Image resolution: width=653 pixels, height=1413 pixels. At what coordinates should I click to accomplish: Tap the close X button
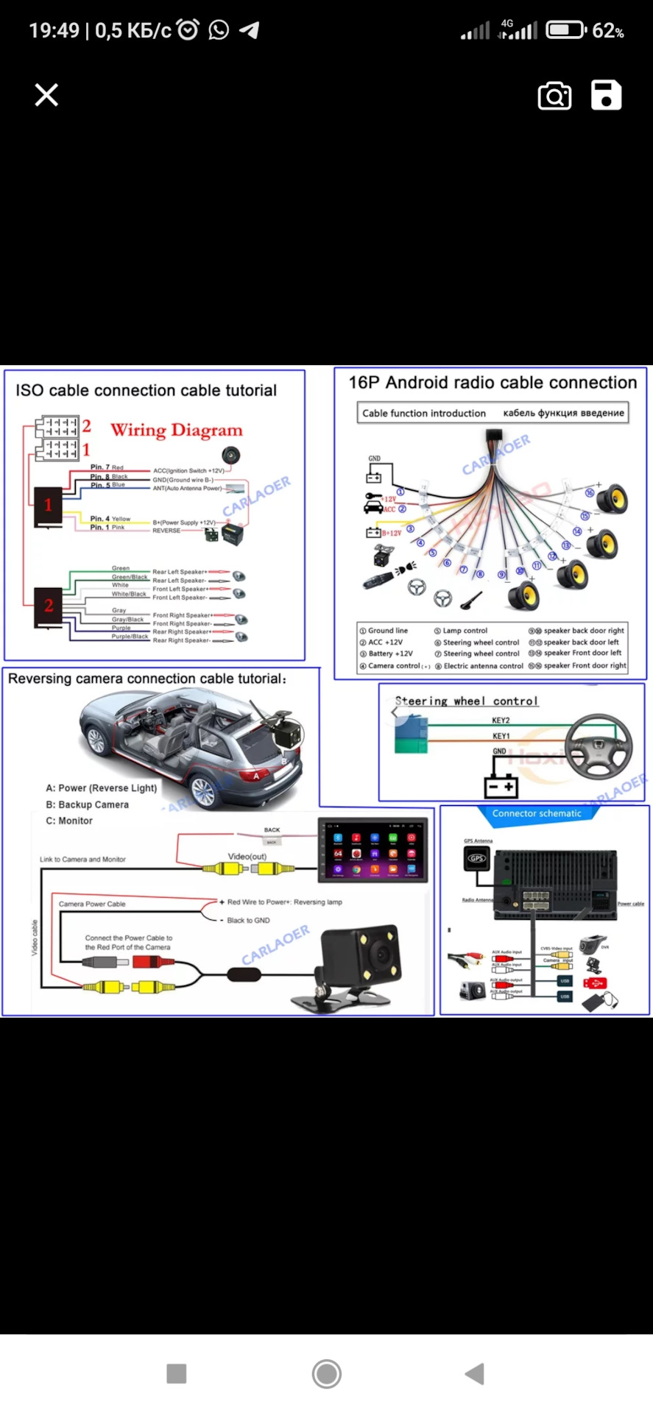(46, 95)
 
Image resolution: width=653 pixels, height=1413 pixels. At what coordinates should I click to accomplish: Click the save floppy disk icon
(606, 96)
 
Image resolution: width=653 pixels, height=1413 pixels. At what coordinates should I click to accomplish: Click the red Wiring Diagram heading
(176, 431)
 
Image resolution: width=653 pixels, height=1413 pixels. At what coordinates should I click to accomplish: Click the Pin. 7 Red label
(107, 467)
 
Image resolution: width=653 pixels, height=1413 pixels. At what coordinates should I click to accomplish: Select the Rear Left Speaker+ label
(180, 572)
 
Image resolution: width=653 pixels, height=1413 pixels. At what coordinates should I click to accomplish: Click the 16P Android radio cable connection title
(492, 383)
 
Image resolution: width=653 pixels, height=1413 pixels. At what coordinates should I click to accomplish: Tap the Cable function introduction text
(423, 414)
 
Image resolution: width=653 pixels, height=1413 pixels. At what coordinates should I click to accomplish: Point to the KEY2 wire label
(501, 720)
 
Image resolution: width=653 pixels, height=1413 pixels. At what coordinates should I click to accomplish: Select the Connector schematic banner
(537, 813)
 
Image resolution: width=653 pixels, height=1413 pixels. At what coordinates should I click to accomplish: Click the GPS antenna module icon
(477, 858)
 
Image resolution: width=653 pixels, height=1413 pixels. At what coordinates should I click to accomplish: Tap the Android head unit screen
(373, 850)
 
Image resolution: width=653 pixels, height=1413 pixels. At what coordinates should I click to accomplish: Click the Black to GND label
(248, 920)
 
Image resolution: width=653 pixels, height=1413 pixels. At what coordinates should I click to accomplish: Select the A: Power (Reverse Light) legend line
(101, 787)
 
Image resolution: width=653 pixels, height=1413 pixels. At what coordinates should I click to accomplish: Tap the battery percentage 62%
(608, 31)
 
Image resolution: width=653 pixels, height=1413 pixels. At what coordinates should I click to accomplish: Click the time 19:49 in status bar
(54, 30)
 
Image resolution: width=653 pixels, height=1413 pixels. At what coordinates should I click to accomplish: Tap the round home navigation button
(326, 1373)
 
